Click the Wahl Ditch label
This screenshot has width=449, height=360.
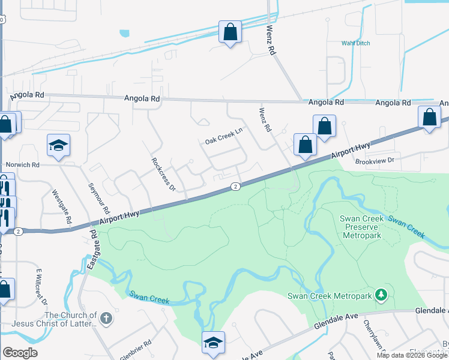[x=356, y=43]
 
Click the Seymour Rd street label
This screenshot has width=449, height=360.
[x=99, y=199]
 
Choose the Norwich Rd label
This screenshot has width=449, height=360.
[x=22, y=164]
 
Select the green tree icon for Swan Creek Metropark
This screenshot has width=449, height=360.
[x=380, y=295]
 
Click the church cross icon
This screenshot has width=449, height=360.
[x=106, y=318]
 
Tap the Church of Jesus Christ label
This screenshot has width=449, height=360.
[x=70, y=320]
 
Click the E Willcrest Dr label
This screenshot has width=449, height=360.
[x=41, y=287]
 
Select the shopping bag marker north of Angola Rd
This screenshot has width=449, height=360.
[x=230, y=32]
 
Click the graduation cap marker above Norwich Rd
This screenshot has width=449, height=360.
[x=59, y=146]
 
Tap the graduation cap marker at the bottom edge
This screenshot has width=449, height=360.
[x=213, y=343]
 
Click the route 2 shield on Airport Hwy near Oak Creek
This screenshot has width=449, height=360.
[x=236, y=187]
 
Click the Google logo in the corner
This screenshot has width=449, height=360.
[x=20, y=353]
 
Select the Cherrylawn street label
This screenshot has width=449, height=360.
[x=369, y=334]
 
